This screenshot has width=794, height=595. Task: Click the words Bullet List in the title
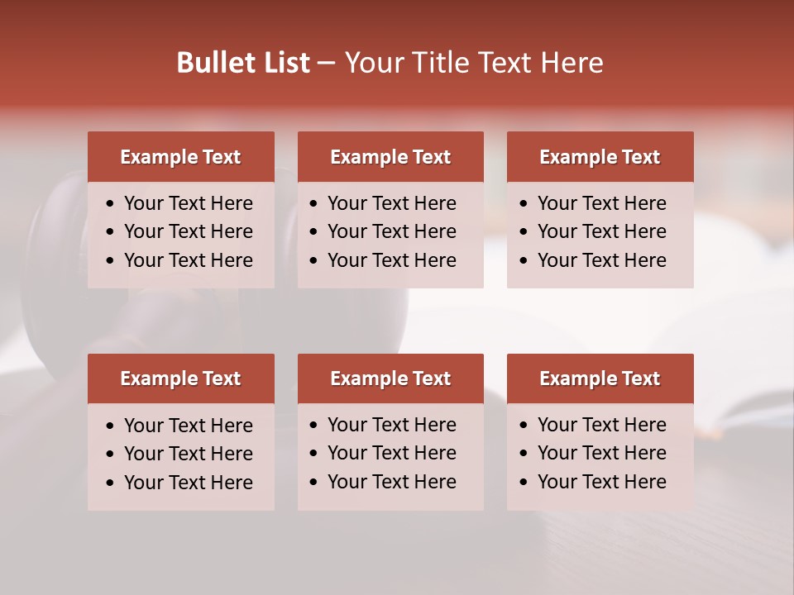pos(243,63)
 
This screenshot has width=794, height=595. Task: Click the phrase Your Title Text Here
pos(473,63)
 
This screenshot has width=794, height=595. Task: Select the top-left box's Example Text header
pos(180,157)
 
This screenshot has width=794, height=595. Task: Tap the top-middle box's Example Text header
pos(390,157)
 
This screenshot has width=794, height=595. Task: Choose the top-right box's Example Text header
pos(600,157)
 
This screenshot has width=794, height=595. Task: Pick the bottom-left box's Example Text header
pos(180,378)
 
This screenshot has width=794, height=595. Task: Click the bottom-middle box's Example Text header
pos(390,378)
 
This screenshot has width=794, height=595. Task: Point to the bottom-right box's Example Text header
pos(600,378)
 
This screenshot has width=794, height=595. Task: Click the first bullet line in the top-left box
pos(188,203)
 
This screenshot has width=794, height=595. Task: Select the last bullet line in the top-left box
pos(188,260)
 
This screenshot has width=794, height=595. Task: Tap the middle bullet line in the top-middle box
pos(391,231)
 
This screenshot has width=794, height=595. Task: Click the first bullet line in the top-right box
pos(601,203)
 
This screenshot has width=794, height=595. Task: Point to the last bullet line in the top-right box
pos(601,260)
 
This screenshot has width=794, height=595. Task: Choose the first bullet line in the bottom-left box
pos(188,426)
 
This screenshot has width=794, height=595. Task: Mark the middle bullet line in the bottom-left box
pos(188,454)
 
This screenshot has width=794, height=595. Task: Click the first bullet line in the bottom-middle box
pos(391,425)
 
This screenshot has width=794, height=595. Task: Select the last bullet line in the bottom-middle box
pos(391,482)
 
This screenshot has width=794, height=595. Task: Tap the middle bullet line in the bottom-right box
pos(601,453)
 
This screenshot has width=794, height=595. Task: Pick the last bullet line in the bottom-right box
pos(601,482)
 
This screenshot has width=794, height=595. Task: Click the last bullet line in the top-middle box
pos(391,260)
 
